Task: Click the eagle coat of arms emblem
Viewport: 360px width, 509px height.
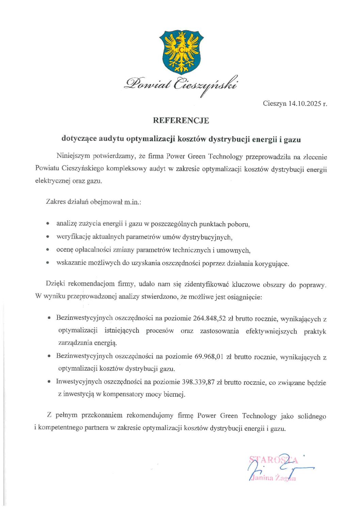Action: [181, 52]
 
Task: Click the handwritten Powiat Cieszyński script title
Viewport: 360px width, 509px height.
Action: [181, 84]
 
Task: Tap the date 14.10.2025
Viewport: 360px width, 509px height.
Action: [305, 103]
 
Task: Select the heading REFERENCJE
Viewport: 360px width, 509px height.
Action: [181, 120]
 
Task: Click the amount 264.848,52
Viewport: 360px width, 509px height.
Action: [209, 318]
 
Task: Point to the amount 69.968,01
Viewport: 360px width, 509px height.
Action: [209, 357]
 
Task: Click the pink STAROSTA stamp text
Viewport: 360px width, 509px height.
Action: [274, 460]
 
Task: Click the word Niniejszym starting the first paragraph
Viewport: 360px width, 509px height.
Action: [73, 156]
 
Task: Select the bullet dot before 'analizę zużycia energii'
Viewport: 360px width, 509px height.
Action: [48, 224]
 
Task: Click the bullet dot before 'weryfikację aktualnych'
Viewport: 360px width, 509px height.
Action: [48, 237]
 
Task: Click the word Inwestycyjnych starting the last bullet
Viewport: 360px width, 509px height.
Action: [79, 382]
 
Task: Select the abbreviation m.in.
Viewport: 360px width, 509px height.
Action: [132, 202]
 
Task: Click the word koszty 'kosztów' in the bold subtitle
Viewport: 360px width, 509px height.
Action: [192, 139]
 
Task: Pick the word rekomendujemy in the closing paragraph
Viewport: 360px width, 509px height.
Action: [150, 415]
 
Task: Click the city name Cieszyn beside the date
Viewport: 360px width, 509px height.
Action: [275, 103]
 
